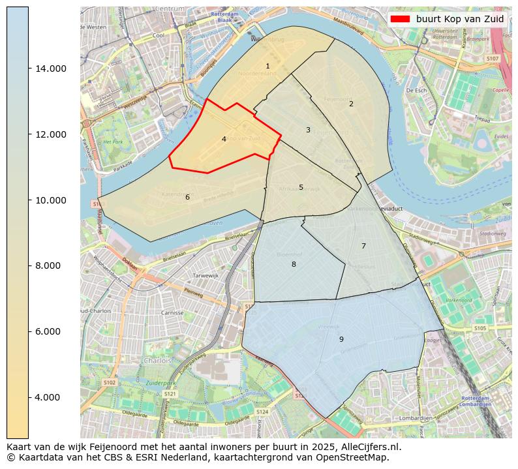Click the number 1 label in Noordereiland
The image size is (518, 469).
pos(267,67)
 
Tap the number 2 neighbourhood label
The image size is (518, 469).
pos(351,104)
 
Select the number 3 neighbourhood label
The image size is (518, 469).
pos(308,130)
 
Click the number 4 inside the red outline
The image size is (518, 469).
pos(224,139)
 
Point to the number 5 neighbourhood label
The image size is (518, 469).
pos(301,188)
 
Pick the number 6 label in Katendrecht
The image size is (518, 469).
pos(187,197)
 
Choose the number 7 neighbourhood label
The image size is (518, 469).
pos(363,246)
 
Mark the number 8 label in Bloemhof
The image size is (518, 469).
pos(294,264)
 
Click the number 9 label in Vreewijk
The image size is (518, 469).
pos(341,339)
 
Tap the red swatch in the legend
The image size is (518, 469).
pos(401,19)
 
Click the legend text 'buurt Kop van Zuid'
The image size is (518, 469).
pos(460,19)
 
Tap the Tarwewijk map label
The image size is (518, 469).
pos(206,276)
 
